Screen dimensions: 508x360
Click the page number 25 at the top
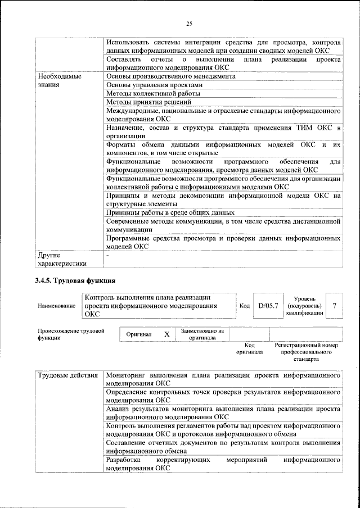tap(189, 23)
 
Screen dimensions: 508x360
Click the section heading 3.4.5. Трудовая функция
tap(75, 280)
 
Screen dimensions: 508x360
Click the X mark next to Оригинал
tap(166, 334)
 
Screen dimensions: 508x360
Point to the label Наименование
tap(56, 306)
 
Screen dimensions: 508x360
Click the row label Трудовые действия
tap(67, 375)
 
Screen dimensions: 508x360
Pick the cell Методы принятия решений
tap(148, 102)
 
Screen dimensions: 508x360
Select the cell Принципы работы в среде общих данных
tap(170, 213)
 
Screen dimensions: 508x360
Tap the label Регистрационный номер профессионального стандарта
tap(307, 352)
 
